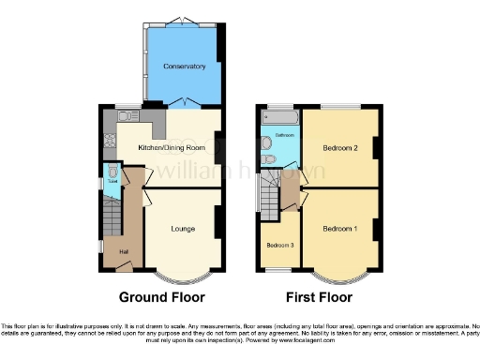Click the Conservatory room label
pyautogui.click(x=183, y=67)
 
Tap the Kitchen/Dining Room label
pyautogui.click(x=171, y=148)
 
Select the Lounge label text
pyautogui.click(x=183, y=228)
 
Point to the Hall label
pyautogui.click(x=122, y=250)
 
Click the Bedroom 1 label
pyautogui.click(x=339, y=228)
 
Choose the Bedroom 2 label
pyautogui.click(x=339, y=148)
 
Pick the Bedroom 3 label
pyautogui.click(x=279, y=245)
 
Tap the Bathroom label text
pyautogui.click(x=284, y=137)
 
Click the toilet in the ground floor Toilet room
pyautogui.click(x=112, y=174)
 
